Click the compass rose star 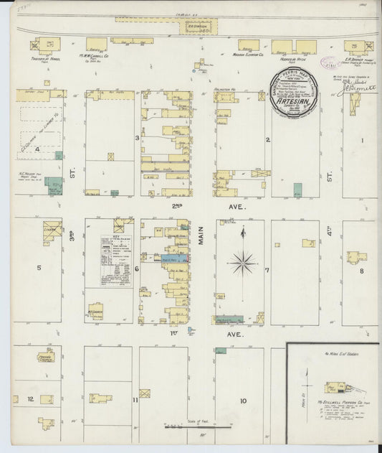click(x=243, y=263)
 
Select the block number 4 click(x=37, y=149)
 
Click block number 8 click(x=362, y=271)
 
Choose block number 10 click(x=243, y=401)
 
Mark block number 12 click(x=31, y=398)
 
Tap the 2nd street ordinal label click(x=176, y=205)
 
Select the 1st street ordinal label click(x=174, y=333)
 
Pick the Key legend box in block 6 click(x=116, y=261)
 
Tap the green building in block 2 click(x=297, y=190)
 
